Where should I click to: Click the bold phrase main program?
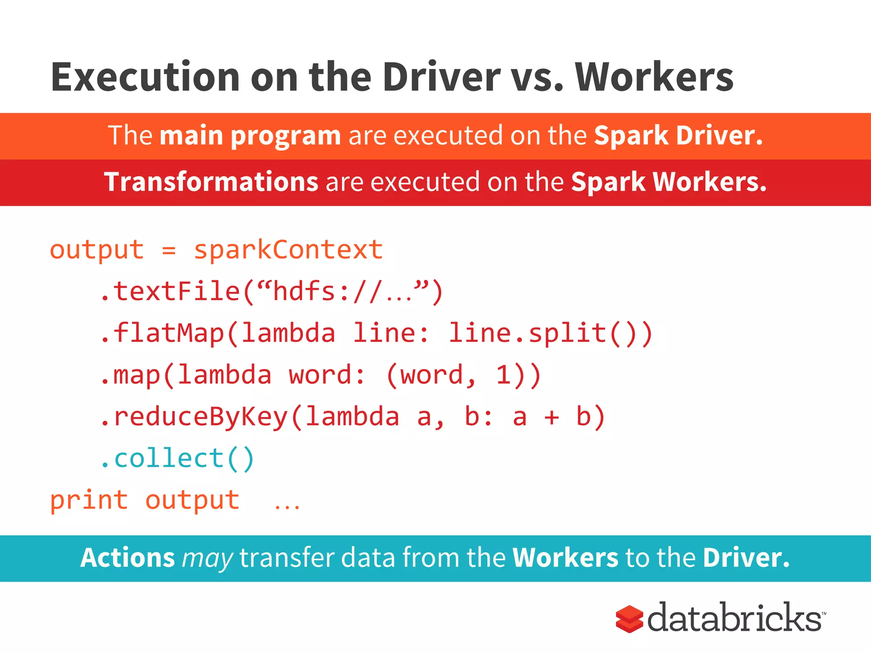pos(250,136)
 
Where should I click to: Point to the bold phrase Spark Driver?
pos(678,136)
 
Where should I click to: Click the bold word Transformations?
pos(211,182)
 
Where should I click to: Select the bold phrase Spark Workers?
pos(669,182)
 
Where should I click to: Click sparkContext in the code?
pos(288,250)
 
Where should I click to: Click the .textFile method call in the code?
pos(170,292)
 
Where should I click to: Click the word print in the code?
pos(89,500)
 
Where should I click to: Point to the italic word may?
pos(207,559)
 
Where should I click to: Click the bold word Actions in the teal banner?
pos(128,558)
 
